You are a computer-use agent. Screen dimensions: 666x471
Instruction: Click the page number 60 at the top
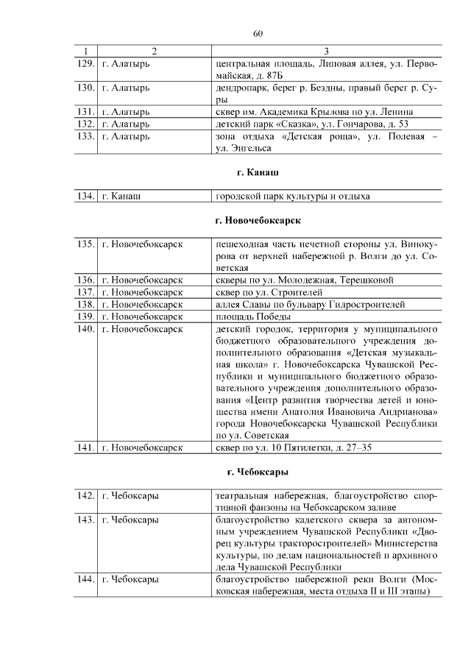point(258,33)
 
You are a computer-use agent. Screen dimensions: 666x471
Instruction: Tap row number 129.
point(86,64)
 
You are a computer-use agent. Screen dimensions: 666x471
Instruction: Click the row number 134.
point(86,196)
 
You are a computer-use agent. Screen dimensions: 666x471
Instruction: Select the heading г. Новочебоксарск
point(258,220)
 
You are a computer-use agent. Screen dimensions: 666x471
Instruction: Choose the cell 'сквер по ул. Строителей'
point(269,292)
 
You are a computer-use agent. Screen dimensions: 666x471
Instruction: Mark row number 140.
point(86,329)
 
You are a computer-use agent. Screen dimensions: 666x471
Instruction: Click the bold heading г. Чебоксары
point(258,471)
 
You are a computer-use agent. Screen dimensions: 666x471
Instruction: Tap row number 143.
point(86,520)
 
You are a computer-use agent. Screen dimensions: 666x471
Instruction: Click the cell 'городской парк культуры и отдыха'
point(292,196)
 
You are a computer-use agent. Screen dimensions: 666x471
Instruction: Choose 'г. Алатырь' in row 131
point(126,112)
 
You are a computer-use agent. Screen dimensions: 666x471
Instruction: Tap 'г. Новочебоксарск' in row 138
point(142,304)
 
